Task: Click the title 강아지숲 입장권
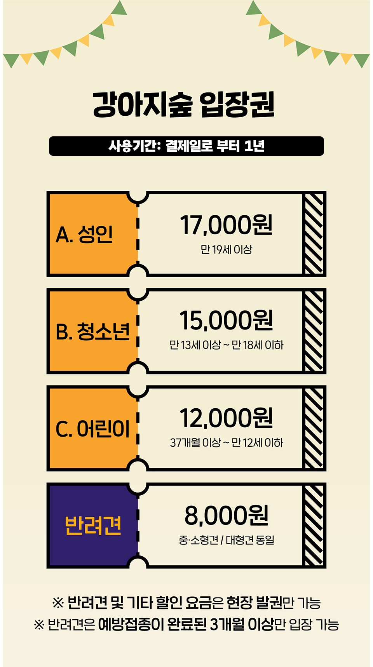(x=184, y=104)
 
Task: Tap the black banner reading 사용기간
(x=186, y=146)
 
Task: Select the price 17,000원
(x=226, y=225)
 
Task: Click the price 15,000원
(x=226, y=320)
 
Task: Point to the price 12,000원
(x=226, y=418)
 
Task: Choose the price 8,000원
(x=227, y=515)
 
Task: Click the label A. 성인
(x=84, y=234)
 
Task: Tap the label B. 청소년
(x=92, y=331)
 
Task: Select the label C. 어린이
(x=92, y=429)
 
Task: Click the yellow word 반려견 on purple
(x=93, y=526)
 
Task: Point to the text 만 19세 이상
(x=227, y=249)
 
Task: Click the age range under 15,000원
(x=227, y=345)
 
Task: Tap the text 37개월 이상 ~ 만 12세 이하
(x=227, y=442)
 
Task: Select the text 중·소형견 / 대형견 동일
(x=227, y=540)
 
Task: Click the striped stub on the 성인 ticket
(x=314, y=234)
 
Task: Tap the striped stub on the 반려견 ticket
(x=314, y=526)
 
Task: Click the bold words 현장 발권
(x=254, y=603)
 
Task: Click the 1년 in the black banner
(x=255, y=146)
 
